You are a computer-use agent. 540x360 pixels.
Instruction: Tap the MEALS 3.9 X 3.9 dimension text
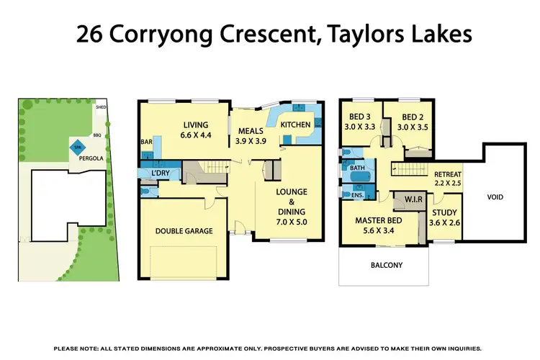(x=251, y=141)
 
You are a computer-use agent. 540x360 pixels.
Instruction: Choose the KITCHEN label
(x=296, y=125)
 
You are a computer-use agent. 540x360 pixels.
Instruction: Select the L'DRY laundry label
(x=160, y=174)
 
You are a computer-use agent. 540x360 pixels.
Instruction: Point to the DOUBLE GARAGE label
(x=184, y=231)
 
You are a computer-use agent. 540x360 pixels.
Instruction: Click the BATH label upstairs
(x=358, y=168)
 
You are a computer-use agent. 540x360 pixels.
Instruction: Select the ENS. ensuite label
(x=357, y=194)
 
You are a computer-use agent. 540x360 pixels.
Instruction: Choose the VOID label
(x=495, y=196)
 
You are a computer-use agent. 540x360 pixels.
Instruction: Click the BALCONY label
(x=387, y=265)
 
